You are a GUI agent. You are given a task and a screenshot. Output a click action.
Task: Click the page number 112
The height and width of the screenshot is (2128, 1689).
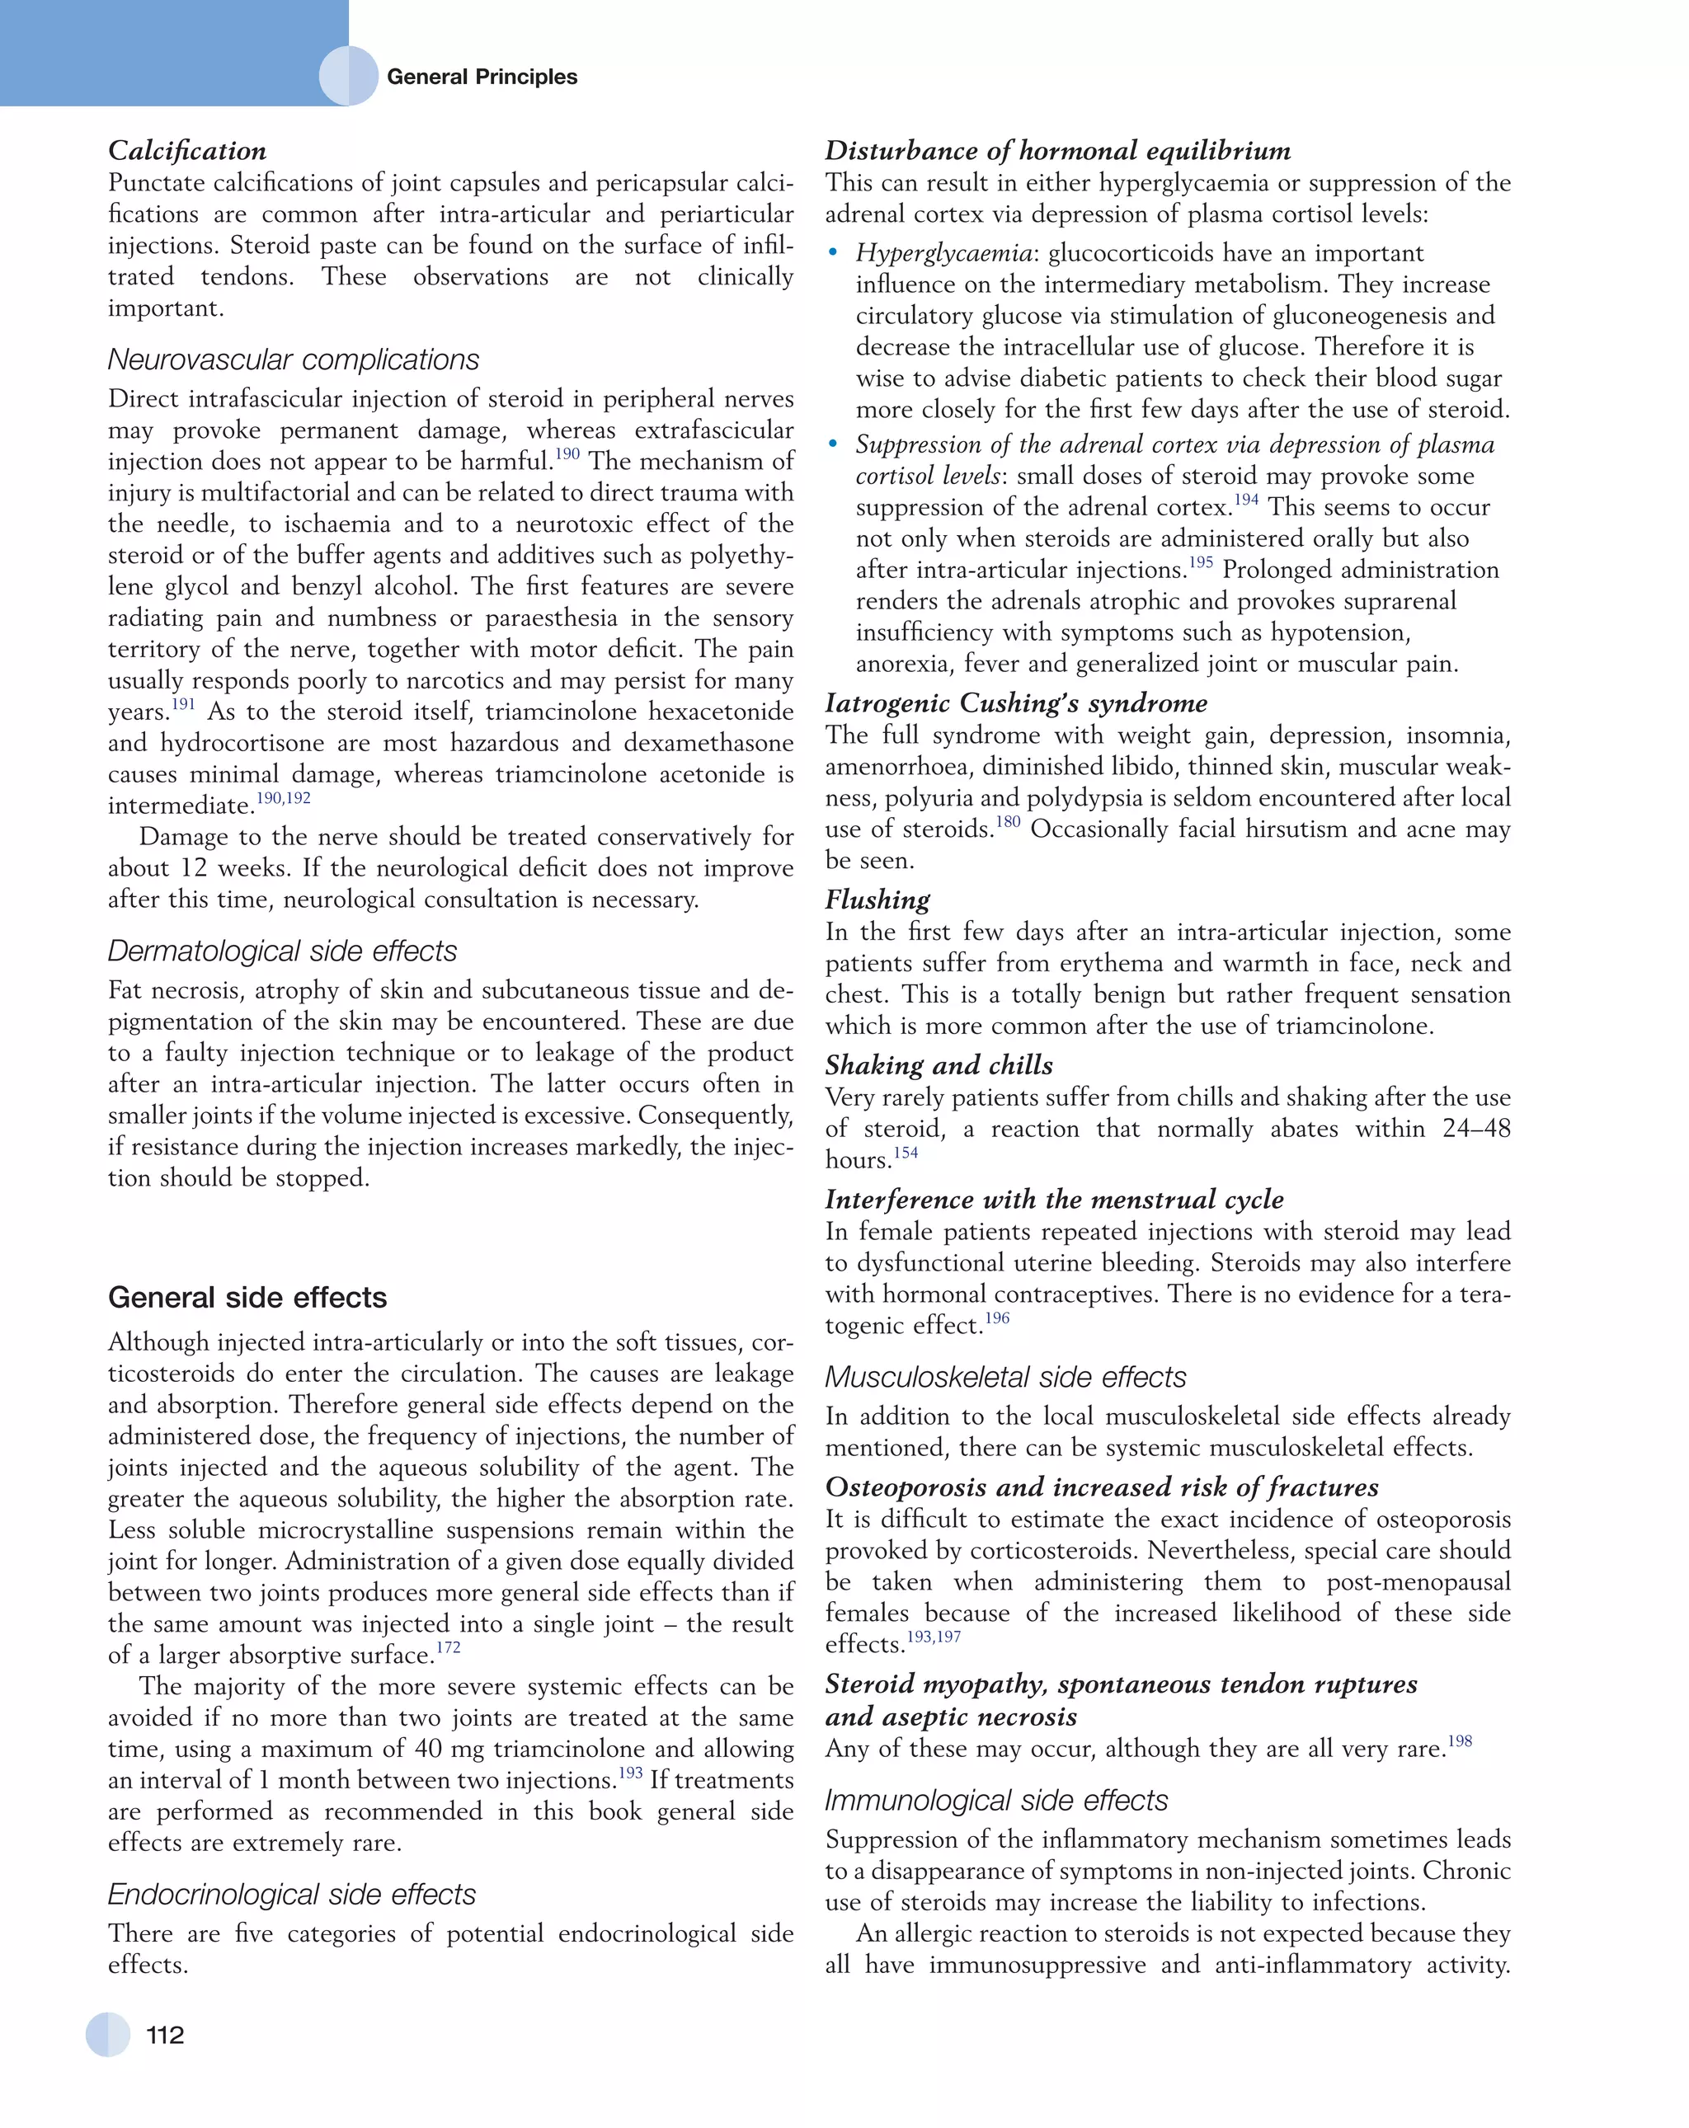click(x=165, y=2034)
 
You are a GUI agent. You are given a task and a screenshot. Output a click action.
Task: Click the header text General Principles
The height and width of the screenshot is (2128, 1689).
click(x=481, y=77)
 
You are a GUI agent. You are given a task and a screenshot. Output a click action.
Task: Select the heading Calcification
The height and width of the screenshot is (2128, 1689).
click(x=186, y=150)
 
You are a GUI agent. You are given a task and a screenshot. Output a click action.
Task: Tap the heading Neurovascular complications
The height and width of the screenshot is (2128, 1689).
click(x=293, y=359)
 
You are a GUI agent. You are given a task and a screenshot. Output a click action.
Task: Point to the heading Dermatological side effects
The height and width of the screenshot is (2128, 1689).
click(x=282, y=951)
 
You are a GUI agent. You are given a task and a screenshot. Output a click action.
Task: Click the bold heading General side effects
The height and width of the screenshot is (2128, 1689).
click(x=247, y=1297)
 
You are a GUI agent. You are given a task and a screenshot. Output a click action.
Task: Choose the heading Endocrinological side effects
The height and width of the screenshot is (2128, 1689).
click(x=291, y=1894)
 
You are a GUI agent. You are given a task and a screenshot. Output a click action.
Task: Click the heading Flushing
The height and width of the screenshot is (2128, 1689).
click(x=877, y=900)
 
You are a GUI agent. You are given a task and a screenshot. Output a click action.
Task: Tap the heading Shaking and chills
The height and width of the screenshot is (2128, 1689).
click(x=939, y=1065)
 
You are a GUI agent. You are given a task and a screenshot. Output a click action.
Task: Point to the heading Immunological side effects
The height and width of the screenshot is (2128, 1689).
click(x=996, y=1801)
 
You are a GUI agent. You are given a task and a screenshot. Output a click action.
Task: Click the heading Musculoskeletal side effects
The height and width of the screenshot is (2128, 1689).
click(x=1005, y=1377)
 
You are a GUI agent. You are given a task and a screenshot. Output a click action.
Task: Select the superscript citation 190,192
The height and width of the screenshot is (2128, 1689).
click(x=284, y=798)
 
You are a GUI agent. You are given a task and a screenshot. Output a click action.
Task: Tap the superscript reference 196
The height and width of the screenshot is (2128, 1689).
click(x=997, y=1318)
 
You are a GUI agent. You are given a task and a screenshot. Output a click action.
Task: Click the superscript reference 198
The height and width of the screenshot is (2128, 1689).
click(x=1459, y=1741)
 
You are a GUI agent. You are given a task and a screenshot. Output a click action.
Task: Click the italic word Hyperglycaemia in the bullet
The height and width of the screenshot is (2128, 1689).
click(x=943, y=254)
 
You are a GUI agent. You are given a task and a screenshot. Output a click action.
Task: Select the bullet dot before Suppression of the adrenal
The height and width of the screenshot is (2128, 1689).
click(x=834, y=445)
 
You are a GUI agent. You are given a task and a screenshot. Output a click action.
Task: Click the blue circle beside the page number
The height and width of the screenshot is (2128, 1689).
click(x=107, y=2034)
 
